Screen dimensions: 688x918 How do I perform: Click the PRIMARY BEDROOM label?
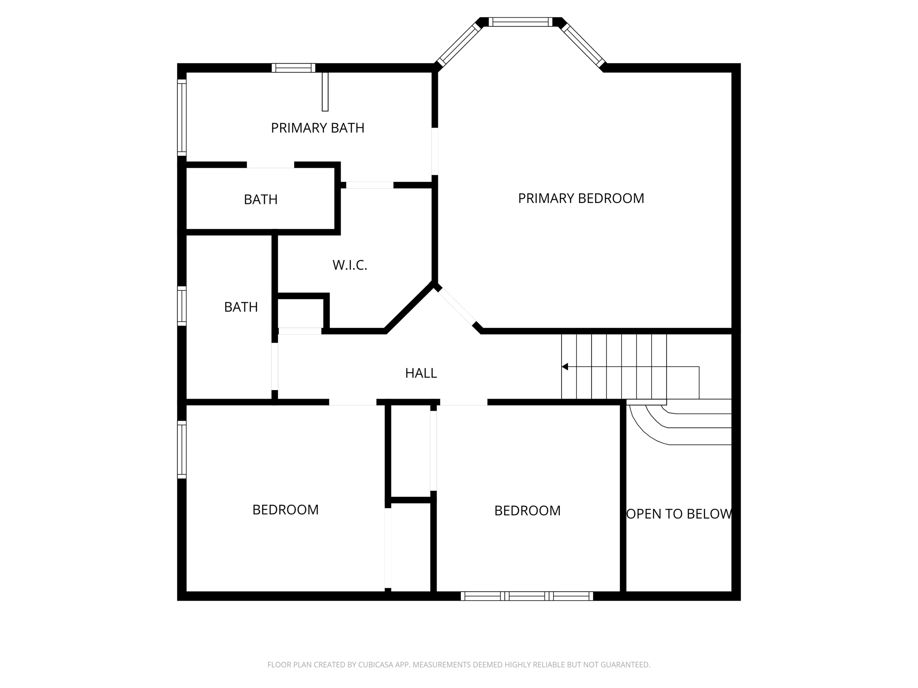581,198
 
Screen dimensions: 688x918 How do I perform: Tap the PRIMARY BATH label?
317,128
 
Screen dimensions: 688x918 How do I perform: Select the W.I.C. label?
350,265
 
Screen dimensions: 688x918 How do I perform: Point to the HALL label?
421,373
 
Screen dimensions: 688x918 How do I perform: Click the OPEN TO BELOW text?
679,514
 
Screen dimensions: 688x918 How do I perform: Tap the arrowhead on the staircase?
565,367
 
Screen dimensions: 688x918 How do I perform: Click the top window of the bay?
520,22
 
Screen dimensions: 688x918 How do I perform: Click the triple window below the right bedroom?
527,596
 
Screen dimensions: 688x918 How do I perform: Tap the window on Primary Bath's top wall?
293,68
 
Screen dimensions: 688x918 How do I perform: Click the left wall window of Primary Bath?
182,117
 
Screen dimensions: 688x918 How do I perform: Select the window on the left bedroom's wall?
182,449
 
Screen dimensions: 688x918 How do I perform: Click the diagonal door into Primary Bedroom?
456,307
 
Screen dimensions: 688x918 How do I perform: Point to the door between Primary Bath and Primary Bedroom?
434,151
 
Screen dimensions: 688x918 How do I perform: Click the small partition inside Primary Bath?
325,91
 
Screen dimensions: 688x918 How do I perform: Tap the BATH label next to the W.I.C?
241,307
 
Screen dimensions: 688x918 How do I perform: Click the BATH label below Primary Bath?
260,200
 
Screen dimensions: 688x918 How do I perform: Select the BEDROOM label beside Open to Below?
527,511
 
